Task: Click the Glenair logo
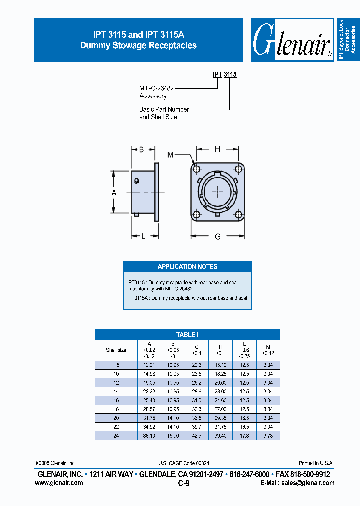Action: (x=292, y=40)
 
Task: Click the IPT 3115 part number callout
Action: (x=224, y=74)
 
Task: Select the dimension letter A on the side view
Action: (x=114, y=192)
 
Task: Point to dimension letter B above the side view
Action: (x=141, y=149)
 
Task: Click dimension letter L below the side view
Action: (x=143, y=236)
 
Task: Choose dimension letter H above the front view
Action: (x=217, y=149)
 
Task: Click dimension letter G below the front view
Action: (x=218, y=237)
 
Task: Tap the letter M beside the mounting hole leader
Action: (x=170, y=155)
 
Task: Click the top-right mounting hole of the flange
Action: (x=238, y=168)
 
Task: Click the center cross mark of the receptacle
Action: (x=218, y=191)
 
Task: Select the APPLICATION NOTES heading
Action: (x=187, y=266)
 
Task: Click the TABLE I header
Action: (x=187, y=334)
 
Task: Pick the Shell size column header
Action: (x=116, y=350)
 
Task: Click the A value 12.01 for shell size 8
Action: (x=149, y=365)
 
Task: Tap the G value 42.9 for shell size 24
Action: (x=197, y=435)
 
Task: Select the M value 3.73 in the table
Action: (x=268, y=435)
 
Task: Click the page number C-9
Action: (x=183, y=483)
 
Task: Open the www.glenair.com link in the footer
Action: (x=59, y=483)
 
